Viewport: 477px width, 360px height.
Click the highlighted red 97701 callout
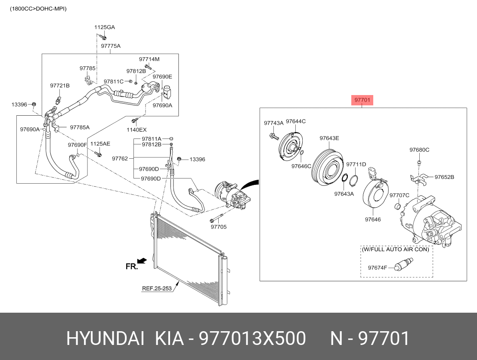362,100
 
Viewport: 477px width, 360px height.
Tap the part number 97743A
273,123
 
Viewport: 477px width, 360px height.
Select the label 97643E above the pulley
329,138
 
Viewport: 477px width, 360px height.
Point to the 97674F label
377,268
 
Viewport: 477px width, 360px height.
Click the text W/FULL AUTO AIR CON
396,249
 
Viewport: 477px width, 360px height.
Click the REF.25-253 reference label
157,288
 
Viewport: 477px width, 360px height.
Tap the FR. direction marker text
132,266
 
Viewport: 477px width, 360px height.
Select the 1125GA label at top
105,27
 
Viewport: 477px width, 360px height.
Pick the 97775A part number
111,46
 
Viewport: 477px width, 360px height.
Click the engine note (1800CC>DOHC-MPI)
38,9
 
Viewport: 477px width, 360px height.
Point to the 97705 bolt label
218,227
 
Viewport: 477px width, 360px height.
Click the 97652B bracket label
444,177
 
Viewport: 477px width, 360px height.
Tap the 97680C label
419,150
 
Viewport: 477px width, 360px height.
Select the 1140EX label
136,130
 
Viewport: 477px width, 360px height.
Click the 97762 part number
120,158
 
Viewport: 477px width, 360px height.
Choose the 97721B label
60,86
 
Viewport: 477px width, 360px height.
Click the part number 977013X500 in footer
252,338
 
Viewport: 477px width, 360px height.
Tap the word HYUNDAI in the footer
105,338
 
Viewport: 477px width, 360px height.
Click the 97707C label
400,195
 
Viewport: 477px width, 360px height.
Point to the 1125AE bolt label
100,144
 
